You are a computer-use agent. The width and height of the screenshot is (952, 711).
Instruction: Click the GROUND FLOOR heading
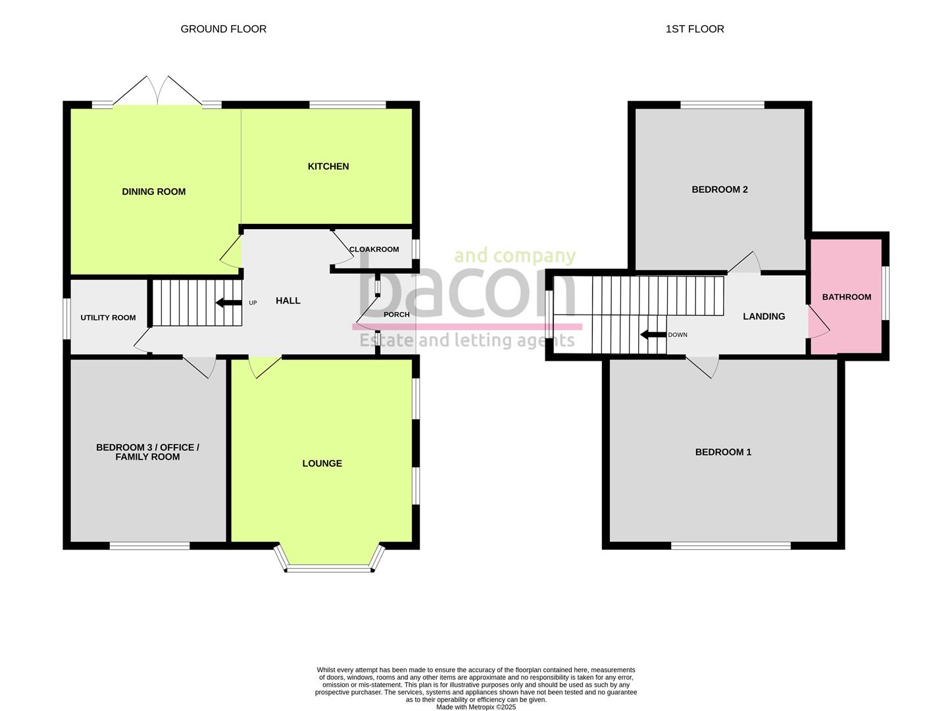[224, 29]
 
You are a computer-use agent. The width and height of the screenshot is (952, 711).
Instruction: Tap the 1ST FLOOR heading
[694, 29]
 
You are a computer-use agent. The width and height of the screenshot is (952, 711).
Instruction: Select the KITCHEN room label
[328, 167]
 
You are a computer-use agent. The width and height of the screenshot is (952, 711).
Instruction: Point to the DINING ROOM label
[153, 192]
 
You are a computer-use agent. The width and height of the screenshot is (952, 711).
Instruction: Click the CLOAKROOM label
[374, 250]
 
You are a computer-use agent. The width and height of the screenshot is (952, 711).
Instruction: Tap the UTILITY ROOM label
[108, 318]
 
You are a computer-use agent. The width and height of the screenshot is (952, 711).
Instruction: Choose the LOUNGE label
[322, 463]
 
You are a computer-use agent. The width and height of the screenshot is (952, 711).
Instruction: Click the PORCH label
[397, 315]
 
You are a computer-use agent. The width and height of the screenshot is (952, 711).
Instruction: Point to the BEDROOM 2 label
[720, 190]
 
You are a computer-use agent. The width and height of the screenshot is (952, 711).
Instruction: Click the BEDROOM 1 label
[723, 452]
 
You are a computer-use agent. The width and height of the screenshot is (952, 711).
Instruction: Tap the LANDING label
[764, 317]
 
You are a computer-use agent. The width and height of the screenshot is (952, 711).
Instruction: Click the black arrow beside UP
[229, 303]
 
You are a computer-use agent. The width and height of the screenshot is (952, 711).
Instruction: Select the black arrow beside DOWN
[653, 335]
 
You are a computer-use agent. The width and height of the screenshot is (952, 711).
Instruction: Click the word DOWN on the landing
[678, 335]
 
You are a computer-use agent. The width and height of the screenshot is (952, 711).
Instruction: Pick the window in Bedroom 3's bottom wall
[149, 546]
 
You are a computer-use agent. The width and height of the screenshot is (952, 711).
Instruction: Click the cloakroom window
[416, 250]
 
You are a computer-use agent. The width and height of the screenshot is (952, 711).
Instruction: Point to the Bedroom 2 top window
[722, 105]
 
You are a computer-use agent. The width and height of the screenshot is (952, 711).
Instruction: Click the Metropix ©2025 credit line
[476, 707]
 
